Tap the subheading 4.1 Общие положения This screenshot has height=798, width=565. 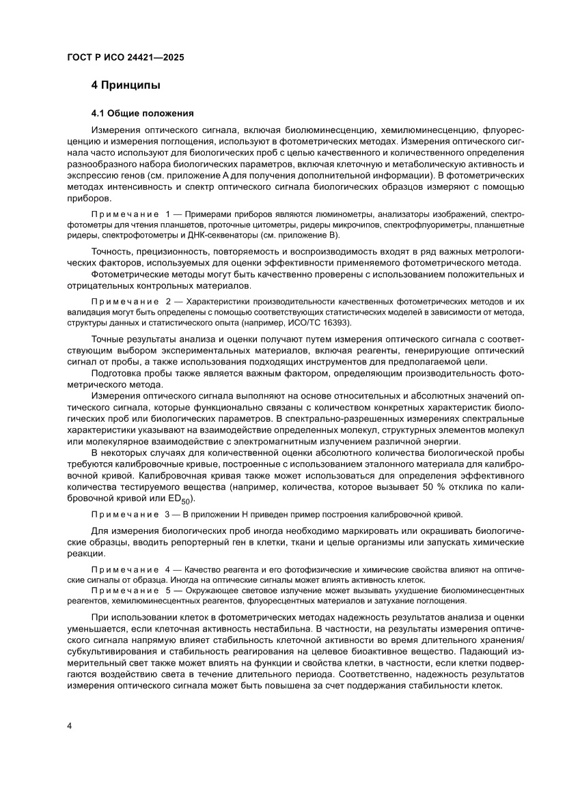tap(143, 113)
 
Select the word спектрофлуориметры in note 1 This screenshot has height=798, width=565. tap(439, 225)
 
